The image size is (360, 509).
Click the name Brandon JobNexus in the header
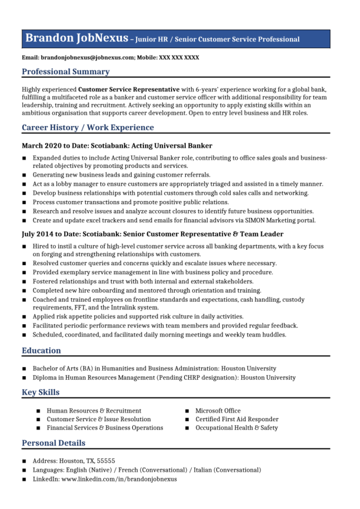tap(76, 38)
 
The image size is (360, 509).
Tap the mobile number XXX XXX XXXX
tap(179, 57)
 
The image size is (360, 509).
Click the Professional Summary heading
tap(66, 71)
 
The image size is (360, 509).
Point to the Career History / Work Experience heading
tap(88, 128)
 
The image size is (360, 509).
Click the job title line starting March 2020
tap(117, 146)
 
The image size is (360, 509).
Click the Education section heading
tap(41, 350)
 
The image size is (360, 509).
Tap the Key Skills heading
tap(41, 392)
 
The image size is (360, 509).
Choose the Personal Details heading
tap(53, 443)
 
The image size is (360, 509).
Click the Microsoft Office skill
tap(218, 411)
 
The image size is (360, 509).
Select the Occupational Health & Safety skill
tap(236, 428)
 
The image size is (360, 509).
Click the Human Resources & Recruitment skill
tap(94, 411)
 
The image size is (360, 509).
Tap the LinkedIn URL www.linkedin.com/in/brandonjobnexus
tap(119, 479)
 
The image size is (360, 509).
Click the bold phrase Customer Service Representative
tap(129, 89)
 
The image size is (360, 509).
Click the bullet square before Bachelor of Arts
tap(24, 369)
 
